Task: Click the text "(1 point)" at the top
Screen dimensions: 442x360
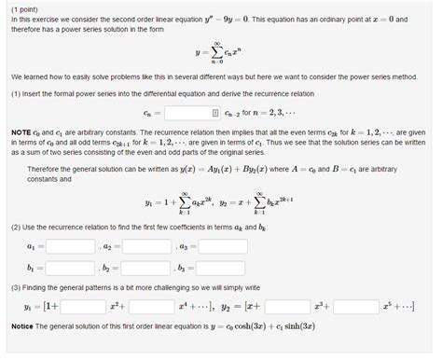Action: (25, 7)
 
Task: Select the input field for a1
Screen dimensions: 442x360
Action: (70, 246)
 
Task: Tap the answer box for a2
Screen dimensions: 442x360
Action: (146, 246)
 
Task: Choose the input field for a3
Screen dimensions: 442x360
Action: (223, 246)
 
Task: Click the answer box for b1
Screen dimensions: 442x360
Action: (70, 267)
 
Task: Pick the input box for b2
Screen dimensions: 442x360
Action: (146, 267)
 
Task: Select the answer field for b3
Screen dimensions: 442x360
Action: (223, 267)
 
